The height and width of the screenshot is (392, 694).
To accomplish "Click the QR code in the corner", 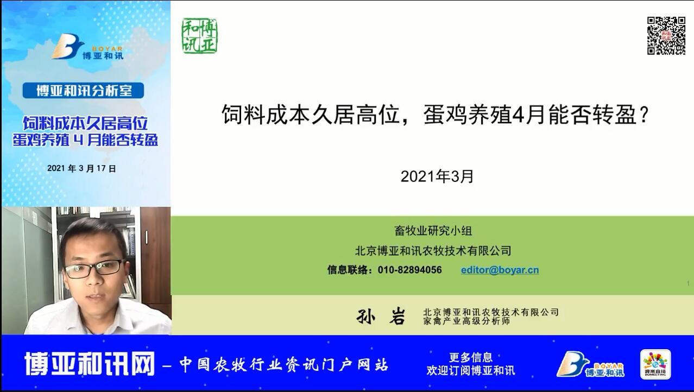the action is (x=666, y=36).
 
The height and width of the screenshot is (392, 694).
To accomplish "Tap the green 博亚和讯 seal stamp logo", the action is (x=199, y=36).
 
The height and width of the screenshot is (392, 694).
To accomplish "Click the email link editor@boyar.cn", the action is (x=500, y=270).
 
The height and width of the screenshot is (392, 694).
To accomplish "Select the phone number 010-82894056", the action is (x=409, y=270).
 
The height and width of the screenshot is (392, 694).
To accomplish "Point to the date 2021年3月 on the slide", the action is (x=437, y=176).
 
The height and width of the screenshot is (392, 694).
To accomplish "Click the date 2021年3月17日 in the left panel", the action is (x=81, y=168).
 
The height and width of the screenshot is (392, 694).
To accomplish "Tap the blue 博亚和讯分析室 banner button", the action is (x=83, y=91).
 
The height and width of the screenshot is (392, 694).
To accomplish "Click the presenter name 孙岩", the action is (x=381, y=316).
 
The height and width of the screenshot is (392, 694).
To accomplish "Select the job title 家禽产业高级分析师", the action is (x=466, y=321).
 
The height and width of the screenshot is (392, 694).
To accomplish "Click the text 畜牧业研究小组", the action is (x=433, y=231).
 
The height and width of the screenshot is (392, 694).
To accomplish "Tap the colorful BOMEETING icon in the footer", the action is (x=655, y=364).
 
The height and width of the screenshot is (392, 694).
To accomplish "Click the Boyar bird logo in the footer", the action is (x=590, y=364).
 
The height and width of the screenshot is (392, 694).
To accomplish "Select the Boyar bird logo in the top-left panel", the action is (x=87, y=47).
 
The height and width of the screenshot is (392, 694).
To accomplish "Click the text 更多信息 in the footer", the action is (x=471, y=357).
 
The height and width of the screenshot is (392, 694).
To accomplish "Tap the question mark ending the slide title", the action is (x=644, y=115).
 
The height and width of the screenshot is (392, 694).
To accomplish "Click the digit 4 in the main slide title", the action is (x=518, y=115).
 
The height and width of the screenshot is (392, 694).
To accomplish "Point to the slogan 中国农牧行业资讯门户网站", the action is (x=283, y=364).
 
